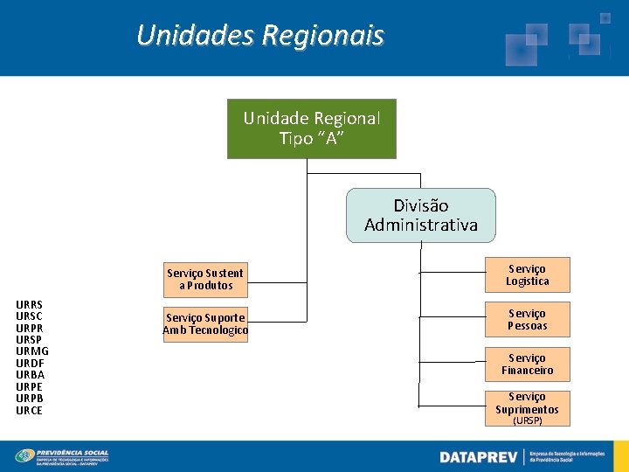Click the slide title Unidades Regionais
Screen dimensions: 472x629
(260, 36)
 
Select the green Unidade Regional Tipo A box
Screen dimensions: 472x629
(312, 128)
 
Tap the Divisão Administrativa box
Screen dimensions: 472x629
(421, 215)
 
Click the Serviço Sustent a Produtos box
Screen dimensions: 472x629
(205, 279)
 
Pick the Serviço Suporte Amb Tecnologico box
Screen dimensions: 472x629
(205, 323)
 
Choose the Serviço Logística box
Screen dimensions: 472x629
(527, 274)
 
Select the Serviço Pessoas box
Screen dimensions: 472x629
(527, 319)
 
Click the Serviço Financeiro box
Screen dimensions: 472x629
(527, 364)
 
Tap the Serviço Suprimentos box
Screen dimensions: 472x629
(527, 404)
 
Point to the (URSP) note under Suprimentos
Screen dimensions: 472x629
(527, 420)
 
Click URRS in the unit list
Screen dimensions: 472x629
(29, 304)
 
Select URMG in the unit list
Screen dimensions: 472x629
(32, 351)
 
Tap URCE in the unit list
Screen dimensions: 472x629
(29, 411)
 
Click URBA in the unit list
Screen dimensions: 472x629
(30, 375)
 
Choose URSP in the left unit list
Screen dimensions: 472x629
(29, 339)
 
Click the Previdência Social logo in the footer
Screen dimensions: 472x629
(62, 456)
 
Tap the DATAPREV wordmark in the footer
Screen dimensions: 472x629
(478, 457)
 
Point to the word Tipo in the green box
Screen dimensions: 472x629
(296, 138)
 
